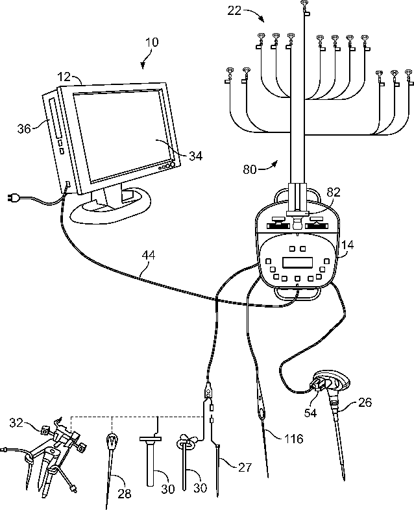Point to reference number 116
click(x=293, y=439)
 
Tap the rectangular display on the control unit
click(x=298, y=263)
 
